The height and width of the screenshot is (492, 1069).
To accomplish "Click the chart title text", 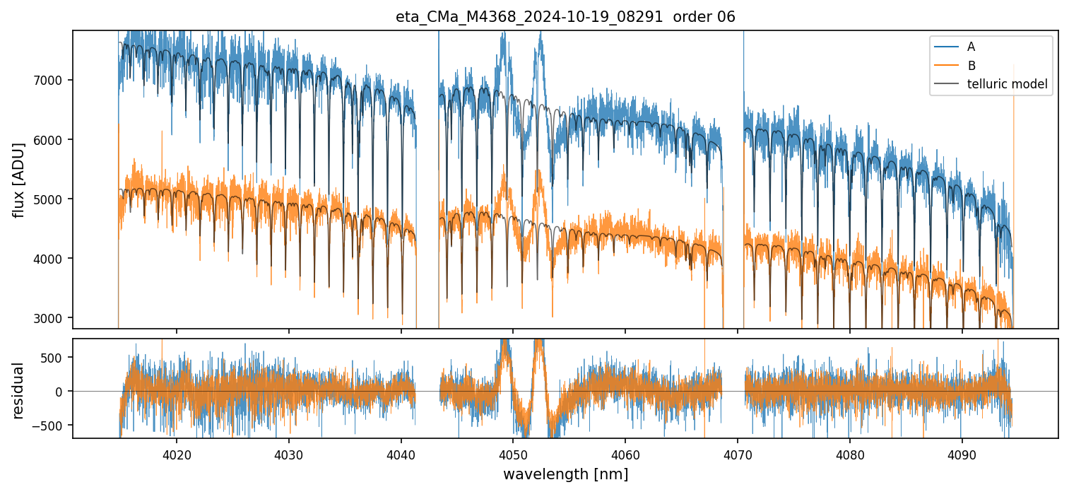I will tap(565, 17).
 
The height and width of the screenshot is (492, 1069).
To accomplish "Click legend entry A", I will tap(971, 47).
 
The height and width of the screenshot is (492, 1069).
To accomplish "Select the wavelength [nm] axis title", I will tap(565, 474).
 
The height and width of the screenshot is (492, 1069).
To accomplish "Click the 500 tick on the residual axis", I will tap(57, 357).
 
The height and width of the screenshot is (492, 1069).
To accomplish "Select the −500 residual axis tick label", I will tap(54, 426).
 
